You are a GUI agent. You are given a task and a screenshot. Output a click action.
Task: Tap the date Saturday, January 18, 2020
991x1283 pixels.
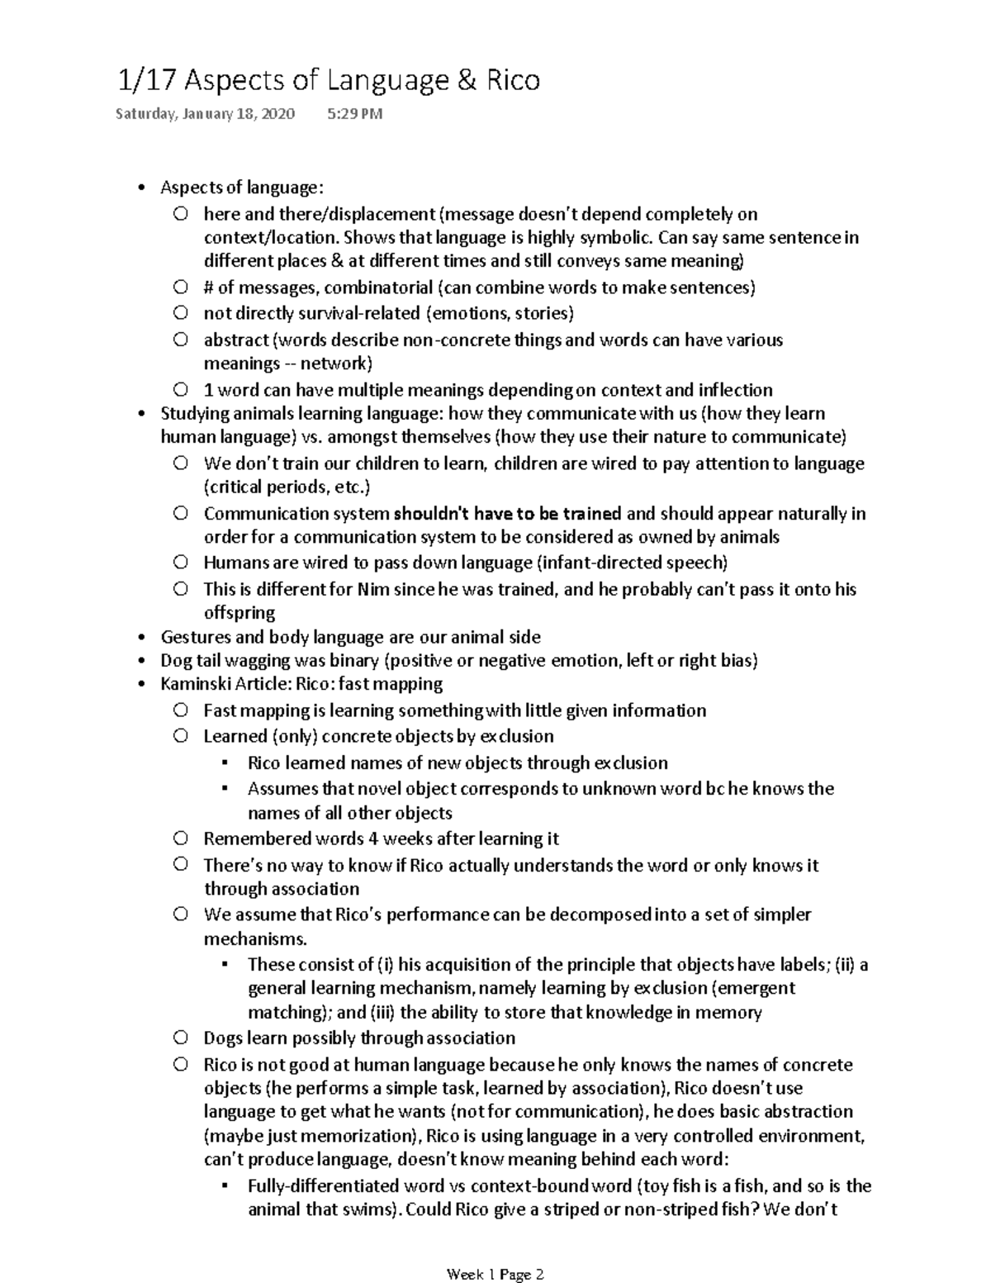pyautogui.click(x=205, y=114)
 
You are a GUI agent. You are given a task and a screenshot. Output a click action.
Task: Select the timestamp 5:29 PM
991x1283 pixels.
pyautogui.click(x=355, y=114)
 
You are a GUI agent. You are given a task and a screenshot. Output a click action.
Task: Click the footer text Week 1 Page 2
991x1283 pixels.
pyautogui.click(x=495, y=1252)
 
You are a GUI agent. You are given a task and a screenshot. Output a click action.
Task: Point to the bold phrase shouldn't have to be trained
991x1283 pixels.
pyautogui.click(x=507, y=514)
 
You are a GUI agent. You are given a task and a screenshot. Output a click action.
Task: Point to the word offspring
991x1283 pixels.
pyautogui.click(x=239, y=613)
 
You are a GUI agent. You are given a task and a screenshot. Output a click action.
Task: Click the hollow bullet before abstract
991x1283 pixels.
pyautogui.click(x=181, y=340)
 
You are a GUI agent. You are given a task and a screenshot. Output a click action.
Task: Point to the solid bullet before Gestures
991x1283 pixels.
pyautogui.click(x=144, y=637)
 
